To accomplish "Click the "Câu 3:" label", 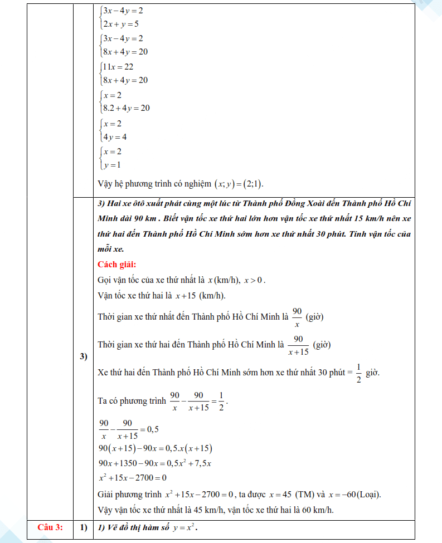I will tap(50, 527).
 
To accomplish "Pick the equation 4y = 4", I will tap(115, 136).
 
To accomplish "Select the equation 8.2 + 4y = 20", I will tap(127, 108).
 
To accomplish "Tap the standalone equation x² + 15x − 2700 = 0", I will tap(133, 478).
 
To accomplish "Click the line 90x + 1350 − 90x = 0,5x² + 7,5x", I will tap(158, 463).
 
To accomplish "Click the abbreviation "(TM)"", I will tap(305, 495).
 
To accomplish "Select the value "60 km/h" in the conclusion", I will tap(319, 510).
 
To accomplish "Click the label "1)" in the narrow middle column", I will tap(84, 527).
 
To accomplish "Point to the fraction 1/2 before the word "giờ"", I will tap(358, 373).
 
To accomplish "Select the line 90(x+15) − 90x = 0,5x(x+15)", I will tap(156, 449).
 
